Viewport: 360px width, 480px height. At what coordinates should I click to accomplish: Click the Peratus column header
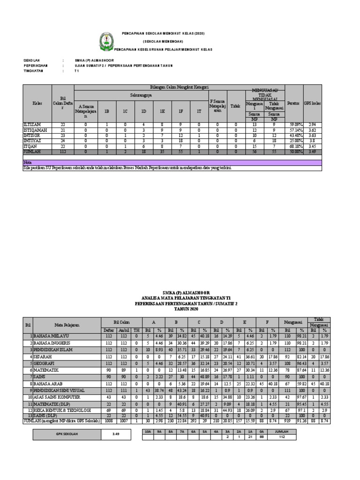tap(293, 103)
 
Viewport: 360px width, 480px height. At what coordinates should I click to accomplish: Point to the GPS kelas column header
tap(312, 103)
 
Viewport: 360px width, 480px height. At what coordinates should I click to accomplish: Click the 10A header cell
tap(148, 431)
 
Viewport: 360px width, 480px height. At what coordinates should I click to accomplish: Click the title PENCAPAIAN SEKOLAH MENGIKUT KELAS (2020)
tap(164, 34)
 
